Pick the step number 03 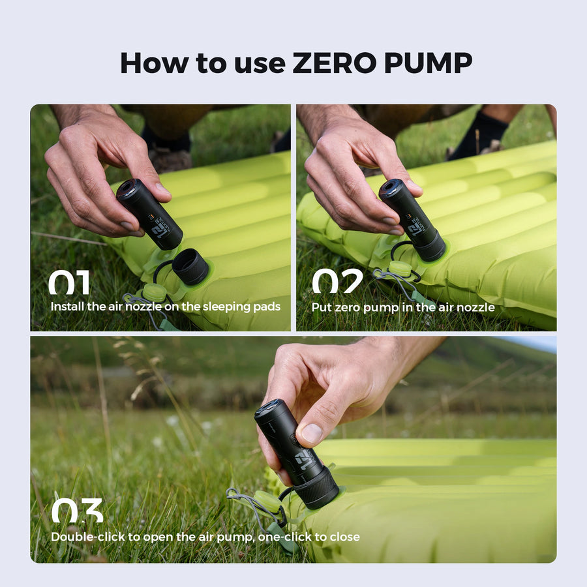77,511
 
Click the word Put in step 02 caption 320,307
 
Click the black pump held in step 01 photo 149,215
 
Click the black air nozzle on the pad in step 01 190,266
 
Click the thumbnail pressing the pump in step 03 312,434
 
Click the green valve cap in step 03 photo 267,503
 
